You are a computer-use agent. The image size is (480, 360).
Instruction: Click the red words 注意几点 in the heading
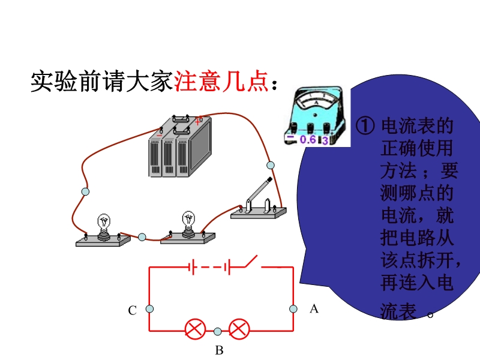[x=221, y=82]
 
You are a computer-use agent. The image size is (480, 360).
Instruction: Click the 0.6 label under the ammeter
[x=307, y=140]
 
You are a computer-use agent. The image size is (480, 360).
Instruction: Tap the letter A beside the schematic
[x=313, y=309]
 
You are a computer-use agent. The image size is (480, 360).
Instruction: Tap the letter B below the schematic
[x=219, y=350]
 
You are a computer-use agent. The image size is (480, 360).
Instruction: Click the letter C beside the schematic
[x=133, y=310]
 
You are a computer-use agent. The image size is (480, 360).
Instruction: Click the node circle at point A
[x=293, y=309]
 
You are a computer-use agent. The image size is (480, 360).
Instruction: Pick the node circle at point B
[x=217, y=331]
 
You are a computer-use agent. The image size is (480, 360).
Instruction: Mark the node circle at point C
[x=149, y=309]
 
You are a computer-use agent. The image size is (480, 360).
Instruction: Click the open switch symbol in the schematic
[x=248, y=262]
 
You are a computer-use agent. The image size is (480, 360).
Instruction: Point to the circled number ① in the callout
[x=365, y=125]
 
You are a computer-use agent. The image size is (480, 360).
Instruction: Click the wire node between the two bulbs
[x=142, y=237]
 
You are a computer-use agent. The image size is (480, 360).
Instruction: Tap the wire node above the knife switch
[x=270, y=164]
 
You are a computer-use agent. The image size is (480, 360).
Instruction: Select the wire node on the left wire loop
[x=85, y=191]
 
